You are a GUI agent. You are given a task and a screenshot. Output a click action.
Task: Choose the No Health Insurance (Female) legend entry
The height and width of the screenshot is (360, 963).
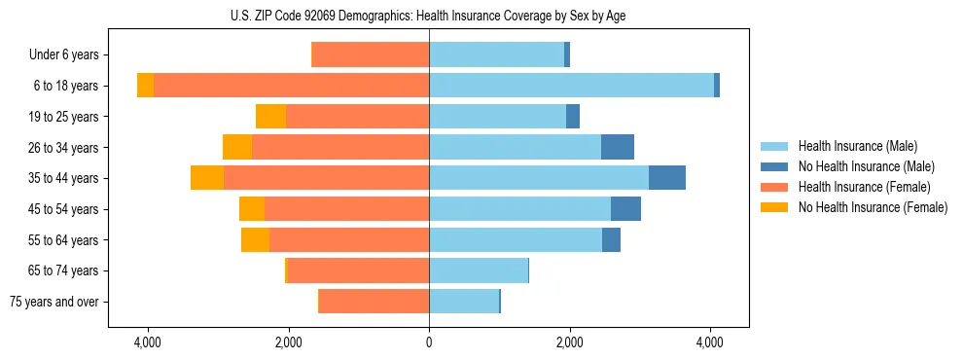click(873, 207)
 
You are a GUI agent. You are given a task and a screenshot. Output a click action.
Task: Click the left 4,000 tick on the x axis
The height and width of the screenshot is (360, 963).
click(148, 343)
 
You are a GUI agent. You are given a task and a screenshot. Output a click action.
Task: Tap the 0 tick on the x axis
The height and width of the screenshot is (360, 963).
click(429, 343)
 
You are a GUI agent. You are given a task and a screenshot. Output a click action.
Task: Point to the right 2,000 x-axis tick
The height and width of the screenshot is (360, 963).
click(569, 343)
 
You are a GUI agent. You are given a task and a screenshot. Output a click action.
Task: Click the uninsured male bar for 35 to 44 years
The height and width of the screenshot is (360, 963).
click(667, 178)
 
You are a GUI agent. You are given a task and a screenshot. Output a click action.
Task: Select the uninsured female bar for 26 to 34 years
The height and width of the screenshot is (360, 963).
click(237, 147)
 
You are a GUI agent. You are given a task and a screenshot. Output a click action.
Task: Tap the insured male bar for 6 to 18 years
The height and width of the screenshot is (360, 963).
click(571, 86)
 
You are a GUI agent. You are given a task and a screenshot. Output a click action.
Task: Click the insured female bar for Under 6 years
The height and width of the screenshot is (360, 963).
click(370, 55)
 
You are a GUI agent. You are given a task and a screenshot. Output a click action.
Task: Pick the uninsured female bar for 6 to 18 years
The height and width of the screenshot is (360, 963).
click(145, 86)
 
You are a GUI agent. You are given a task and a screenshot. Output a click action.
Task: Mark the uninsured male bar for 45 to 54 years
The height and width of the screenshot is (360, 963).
click(625, 209)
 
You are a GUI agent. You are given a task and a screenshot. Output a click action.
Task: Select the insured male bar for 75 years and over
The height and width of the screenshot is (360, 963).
click(464, 302)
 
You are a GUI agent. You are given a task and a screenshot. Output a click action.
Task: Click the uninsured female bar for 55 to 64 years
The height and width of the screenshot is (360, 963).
click(255, 240)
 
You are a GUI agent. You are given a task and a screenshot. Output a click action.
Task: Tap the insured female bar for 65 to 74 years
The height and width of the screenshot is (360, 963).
click(358, 270)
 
